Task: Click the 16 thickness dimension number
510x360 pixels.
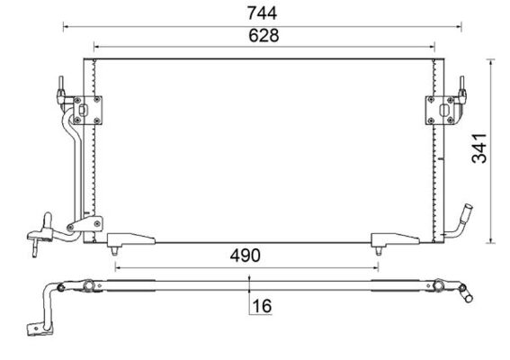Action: tap(263, 306)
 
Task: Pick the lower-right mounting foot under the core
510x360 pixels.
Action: tap(385, 240)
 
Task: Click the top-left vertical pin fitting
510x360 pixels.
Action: tap(62, 90)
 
